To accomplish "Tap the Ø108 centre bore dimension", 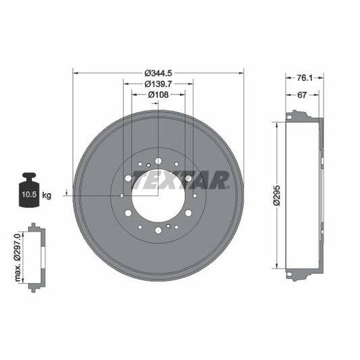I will click(158, 95).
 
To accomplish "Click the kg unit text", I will click(47, 195).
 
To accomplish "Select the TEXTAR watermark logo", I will click(180, 180).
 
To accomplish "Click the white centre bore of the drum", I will click(157, 195).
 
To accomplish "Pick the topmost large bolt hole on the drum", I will click(158, 161).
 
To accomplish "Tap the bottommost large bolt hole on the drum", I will click(158, 230).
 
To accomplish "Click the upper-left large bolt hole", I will click(128, 178).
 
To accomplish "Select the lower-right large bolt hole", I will click(188, 213).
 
